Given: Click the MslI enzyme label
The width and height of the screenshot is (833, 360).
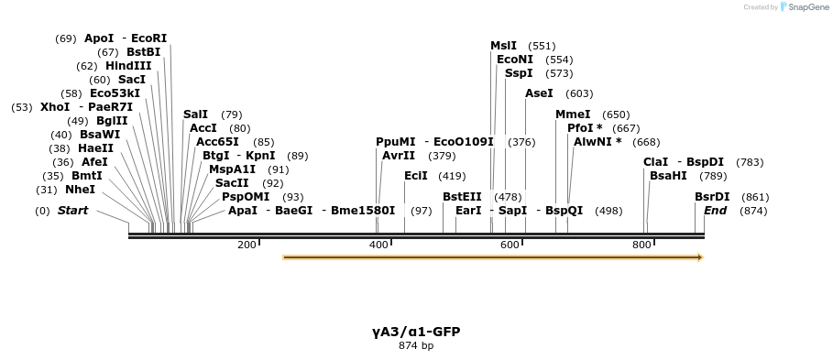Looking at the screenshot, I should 503,46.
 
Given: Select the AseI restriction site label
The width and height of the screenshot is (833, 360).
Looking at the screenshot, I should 539,93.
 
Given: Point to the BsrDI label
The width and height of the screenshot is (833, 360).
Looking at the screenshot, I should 712,197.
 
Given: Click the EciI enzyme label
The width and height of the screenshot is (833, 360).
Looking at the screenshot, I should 415,176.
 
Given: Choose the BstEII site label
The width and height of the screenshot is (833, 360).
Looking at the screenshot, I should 462,197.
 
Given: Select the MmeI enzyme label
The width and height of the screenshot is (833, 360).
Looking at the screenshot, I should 573,115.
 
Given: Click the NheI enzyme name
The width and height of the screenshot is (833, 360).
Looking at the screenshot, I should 81,190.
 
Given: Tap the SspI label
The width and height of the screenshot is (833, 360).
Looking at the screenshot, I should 519,73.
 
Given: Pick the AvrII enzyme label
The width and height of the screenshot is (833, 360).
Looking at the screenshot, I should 399,156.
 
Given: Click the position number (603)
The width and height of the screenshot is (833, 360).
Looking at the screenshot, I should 579,93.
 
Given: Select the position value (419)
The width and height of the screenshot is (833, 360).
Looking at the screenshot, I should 452,176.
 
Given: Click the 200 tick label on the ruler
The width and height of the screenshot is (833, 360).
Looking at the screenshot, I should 247,245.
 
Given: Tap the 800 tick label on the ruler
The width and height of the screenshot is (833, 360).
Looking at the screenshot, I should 641,245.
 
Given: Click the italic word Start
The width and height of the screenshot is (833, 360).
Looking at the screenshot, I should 72,211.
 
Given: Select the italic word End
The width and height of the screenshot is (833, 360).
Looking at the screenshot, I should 715,211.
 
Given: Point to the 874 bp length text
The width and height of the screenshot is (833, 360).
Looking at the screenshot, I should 416,345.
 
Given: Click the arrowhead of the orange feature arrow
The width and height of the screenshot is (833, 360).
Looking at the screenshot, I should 700,257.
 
